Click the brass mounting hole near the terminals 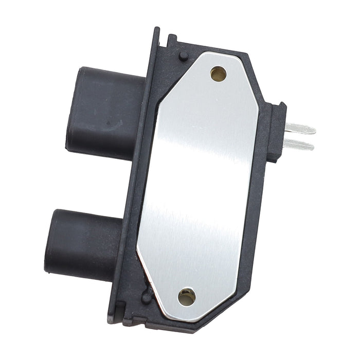pos(218,74)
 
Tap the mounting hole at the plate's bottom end pos(187,297)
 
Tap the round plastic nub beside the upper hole pos(183,56)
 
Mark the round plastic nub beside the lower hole pos(147,297)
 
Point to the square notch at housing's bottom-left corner pos(117,314)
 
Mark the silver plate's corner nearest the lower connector pos(137,252)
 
